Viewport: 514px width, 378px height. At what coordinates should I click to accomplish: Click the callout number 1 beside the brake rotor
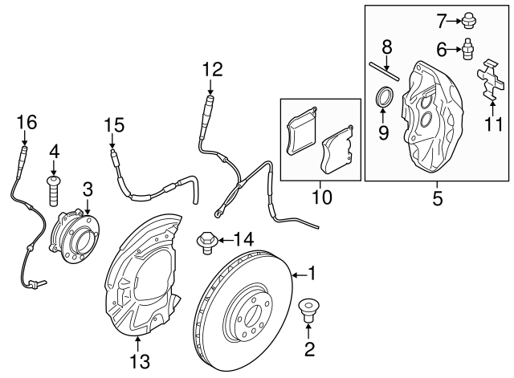(312, 274)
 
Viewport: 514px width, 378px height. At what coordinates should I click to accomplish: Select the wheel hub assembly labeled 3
(75, 233)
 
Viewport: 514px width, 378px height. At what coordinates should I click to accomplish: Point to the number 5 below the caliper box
(437, 197)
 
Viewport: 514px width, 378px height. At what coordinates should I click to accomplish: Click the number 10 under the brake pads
(320, 197)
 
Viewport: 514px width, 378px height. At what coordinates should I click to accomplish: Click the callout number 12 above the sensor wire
(210, 70)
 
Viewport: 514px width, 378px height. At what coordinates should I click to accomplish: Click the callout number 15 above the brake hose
(114, 124)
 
